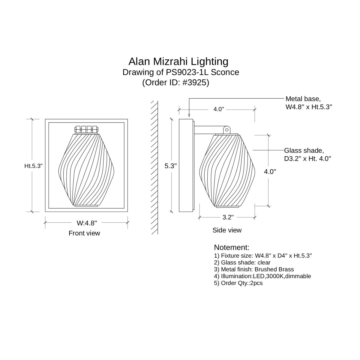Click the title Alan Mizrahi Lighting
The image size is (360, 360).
pyautogui.click(x=178, y=61)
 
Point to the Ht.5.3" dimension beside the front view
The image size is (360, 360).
pyautogui.click(x=33, y=166)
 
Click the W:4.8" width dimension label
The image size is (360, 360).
pyautogui.click(x=87, y=223)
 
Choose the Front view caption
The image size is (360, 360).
pyautogui.click(x=84, y=233)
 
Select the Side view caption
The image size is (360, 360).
pyautogui.click(x=227, y=230)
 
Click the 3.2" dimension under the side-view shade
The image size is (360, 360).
pyautogui.click(x=228, y=217)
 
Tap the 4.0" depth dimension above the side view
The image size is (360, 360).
pyautogui.click(x=219, y=109)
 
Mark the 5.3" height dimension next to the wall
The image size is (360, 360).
pyautogui.click(x=171, y=166)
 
